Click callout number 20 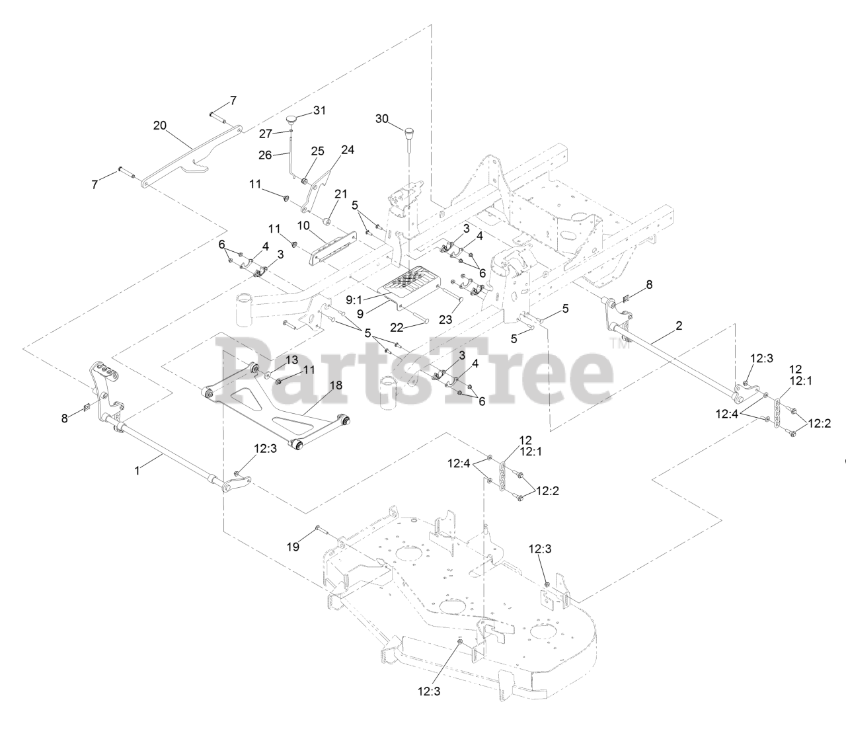pyautogui.click(x=159, y=126)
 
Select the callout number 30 pyautogui.click(x=382, y=118)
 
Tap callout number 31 pyautogui.click(x=319, y=110)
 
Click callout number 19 pyautogui.click(x=293, y=547)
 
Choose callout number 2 pyautogui.click(x=679, y=325)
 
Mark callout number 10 pyautogui.click(x=303, y=225)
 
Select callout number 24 pyautogui.click(x=348, y=150)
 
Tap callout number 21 pyautogui.click(x=341, y=194)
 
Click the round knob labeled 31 pyautogui.click(x=292, y=120)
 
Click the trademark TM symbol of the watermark pyautogui.click(x=617, y=343)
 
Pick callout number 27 pyautogui.click(x=265, y=134)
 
